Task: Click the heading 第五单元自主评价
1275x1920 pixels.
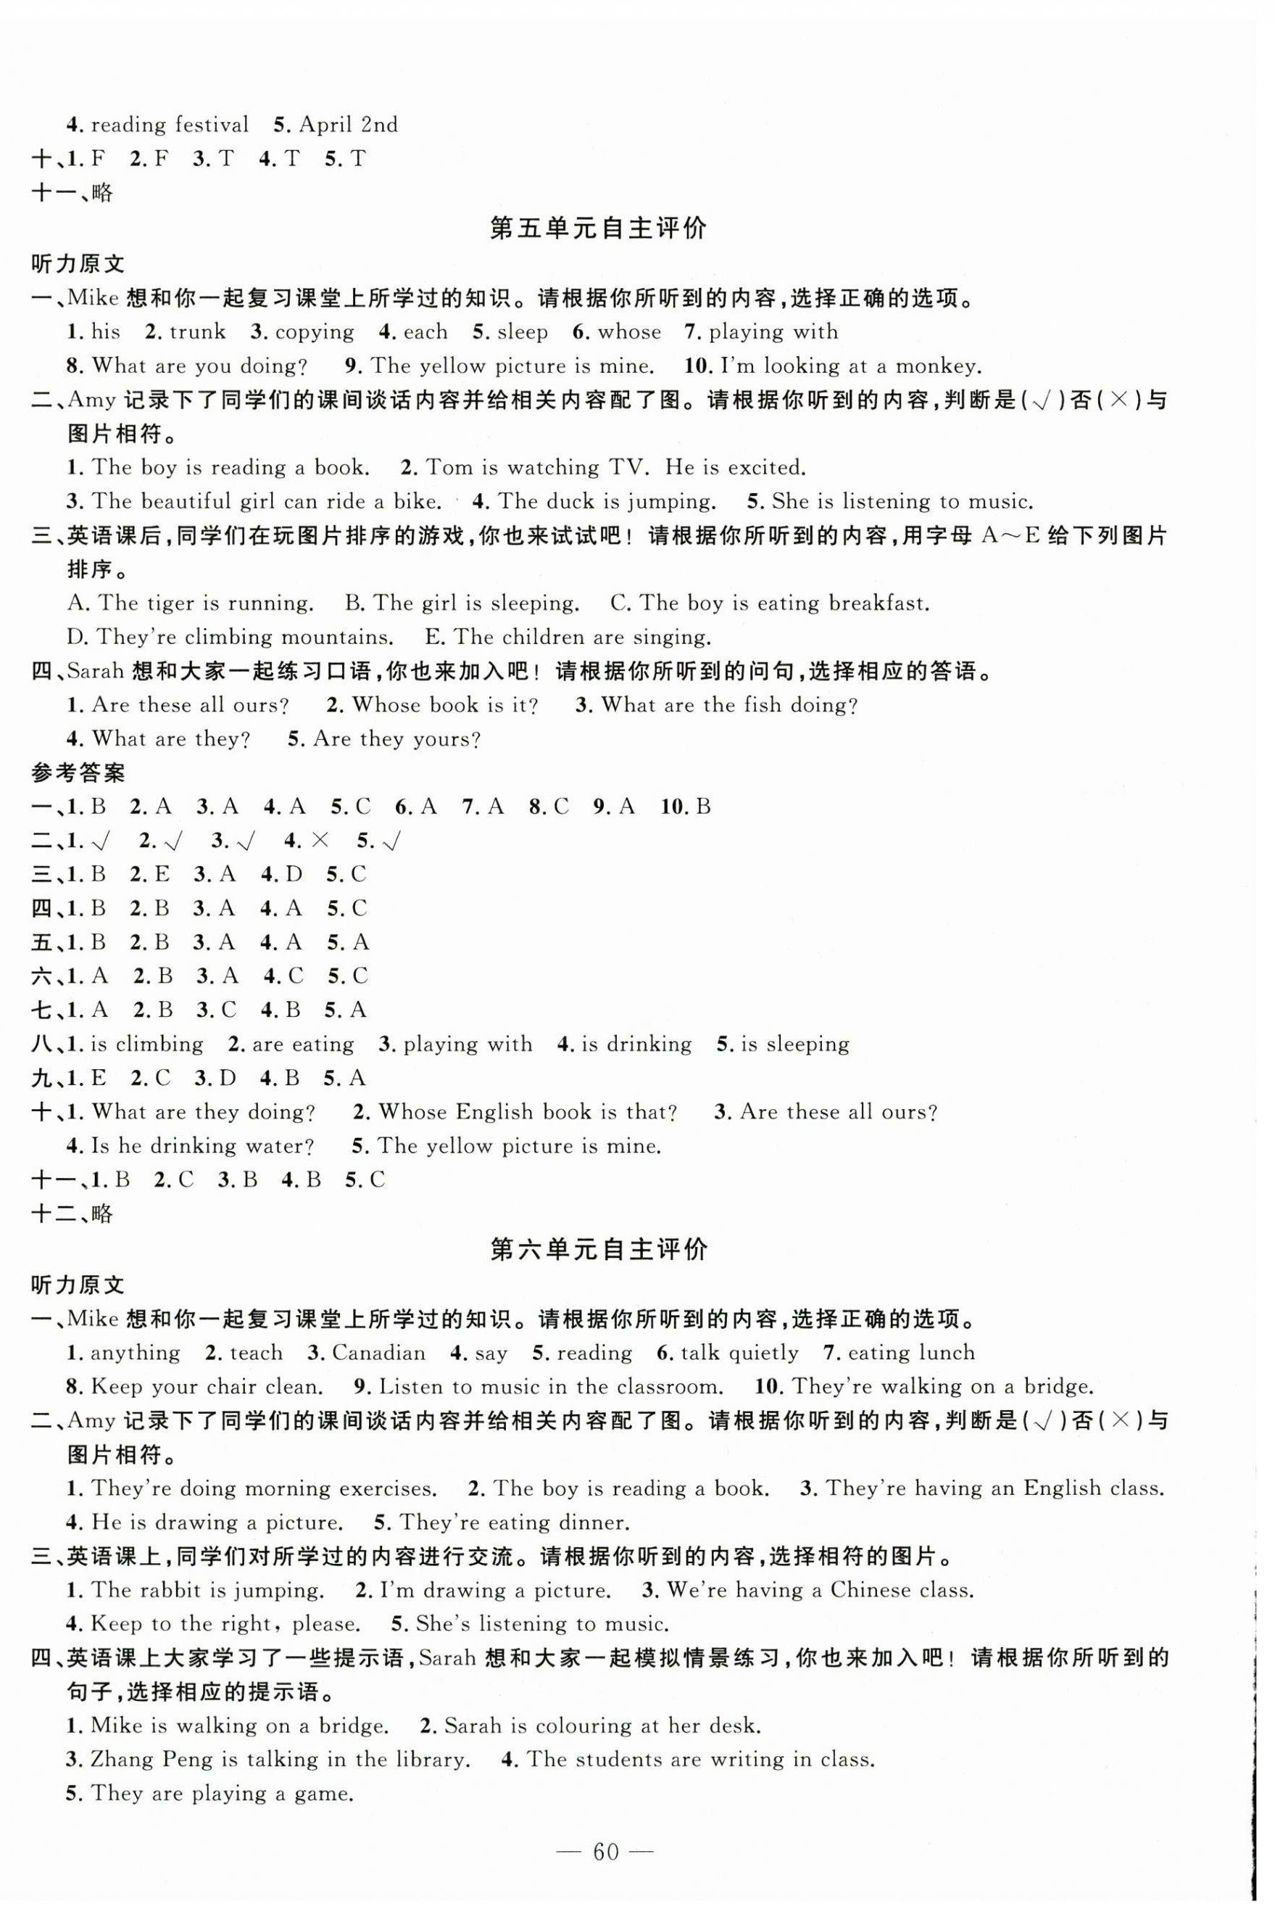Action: (599, 228)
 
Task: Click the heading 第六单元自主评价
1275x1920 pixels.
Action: (599, 1249)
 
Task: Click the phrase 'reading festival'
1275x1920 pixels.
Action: (169, 125)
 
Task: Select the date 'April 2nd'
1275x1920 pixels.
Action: (348, 125)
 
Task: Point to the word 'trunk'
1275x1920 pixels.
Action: (198, 332)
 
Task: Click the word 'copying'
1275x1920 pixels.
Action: (314, 332)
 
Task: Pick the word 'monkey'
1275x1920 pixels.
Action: (935, 366)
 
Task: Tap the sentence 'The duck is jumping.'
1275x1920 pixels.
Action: (607, 501)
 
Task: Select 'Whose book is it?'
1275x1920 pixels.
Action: (445, 705)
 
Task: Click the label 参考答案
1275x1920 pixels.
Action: (78, 773)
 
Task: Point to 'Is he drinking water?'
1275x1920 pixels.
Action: (202, 1146)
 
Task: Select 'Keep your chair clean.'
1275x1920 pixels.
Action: (207, 1387)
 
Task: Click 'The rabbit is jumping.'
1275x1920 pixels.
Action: (207, 1591)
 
